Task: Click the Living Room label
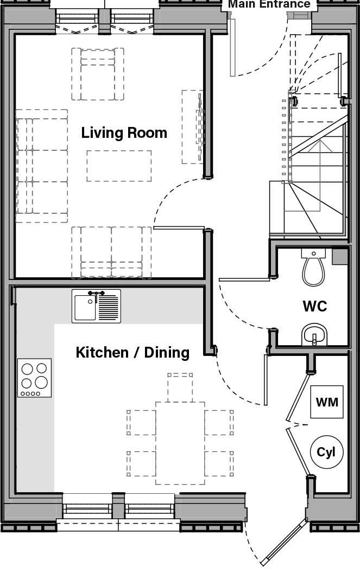click(124, 133)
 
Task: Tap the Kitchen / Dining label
click(132, 353)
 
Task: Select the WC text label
click(315, 306)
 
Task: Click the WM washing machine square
click(327, 402)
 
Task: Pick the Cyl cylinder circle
click(326, 452)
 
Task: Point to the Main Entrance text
click(269, 4)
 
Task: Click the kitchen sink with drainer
click(96, 306)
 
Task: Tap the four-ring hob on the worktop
click(34, 378)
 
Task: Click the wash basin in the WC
click(315, 335)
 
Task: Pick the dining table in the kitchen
click(180, 443)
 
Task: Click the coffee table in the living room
click(119, 166)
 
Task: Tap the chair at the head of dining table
click(180, 386)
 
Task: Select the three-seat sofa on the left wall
click(42, 166)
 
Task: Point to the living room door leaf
click(179, 228)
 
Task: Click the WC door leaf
click(244, 279)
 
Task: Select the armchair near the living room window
click(98, 74)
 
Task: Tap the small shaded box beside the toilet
click(340, 256)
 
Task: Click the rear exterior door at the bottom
click(282, 543)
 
